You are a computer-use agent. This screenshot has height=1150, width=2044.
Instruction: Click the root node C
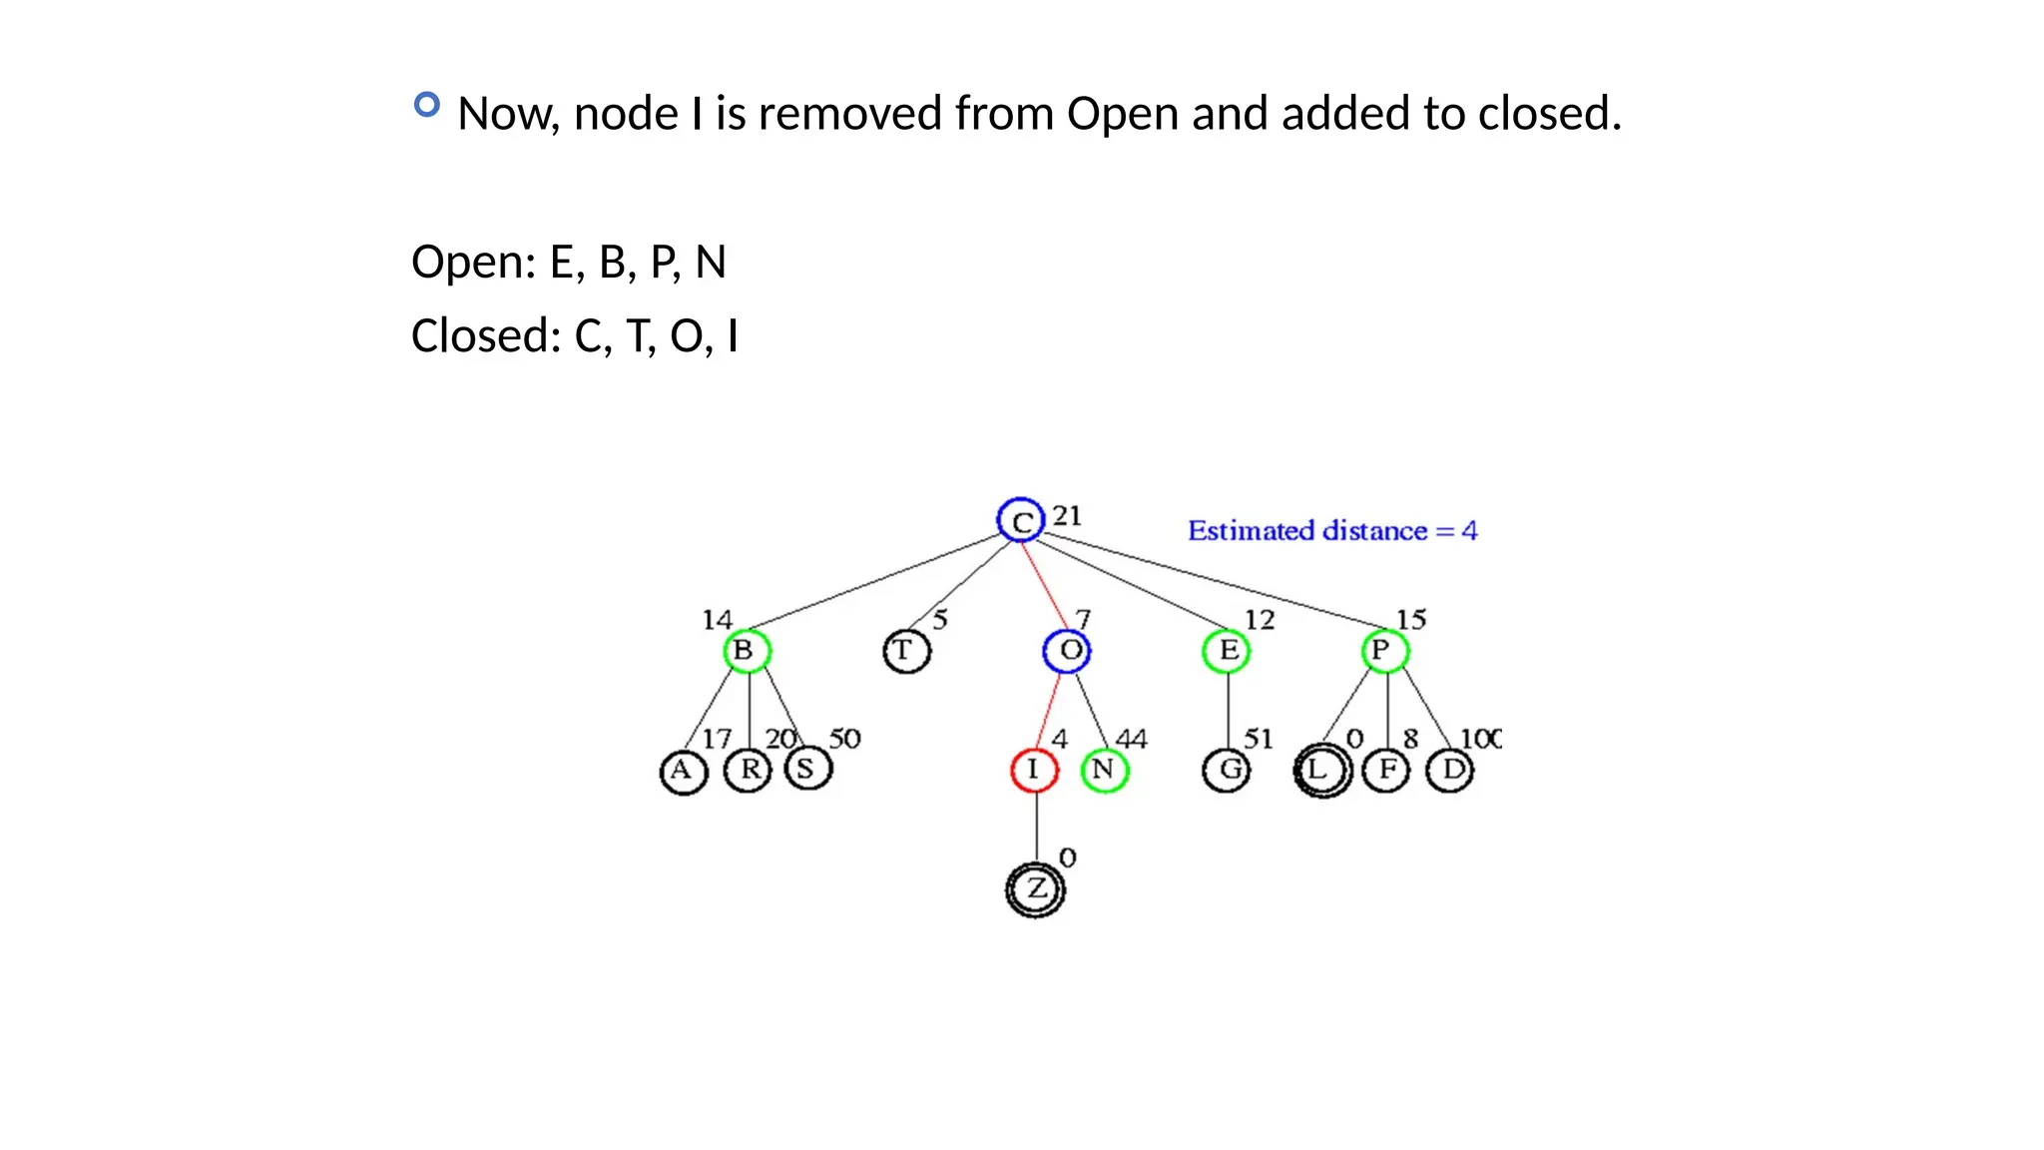[x=1020, y=520]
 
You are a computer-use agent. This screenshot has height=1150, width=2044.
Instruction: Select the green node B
[x=747, y=651]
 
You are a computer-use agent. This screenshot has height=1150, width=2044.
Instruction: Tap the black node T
[x=906, y=652]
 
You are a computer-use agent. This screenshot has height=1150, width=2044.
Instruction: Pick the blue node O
[x=1067, y=651]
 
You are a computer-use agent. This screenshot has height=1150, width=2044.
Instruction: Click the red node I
[x=1034, y=770]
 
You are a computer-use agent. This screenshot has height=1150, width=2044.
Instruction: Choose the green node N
[x=1105, y=770]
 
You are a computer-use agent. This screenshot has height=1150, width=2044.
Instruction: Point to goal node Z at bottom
[x=1036, y=888]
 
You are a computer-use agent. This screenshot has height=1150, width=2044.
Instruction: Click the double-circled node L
[x=1321, y=770]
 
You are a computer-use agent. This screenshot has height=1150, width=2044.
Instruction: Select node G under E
[x=1227, y=770]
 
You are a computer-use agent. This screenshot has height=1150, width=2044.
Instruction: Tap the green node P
[x=1384, y=651]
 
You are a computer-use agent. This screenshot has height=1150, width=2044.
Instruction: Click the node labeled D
[x=1450, y=770]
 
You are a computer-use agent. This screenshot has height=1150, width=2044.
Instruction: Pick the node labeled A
[x=684, y=772]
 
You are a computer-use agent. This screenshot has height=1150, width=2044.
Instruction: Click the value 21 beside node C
[x=1067, y=516]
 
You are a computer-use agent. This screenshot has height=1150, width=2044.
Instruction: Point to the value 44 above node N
[x=1131, y=739]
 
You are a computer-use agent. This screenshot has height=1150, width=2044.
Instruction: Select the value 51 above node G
[x=1258, y=739]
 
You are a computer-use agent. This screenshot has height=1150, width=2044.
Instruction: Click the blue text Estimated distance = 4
[x=1331, y=531]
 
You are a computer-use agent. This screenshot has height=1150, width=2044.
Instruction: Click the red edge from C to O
[x=1044, y=585]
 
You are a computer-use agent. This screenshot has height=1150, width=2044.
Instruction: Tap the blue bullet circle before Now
[x=427, y=105]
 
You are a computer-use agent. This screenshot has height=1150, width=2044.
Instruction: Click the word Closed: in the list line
[x=486, y=336]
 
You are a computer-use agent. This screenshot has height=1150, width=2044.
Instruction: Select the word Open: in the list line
[x=474, y=263]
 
